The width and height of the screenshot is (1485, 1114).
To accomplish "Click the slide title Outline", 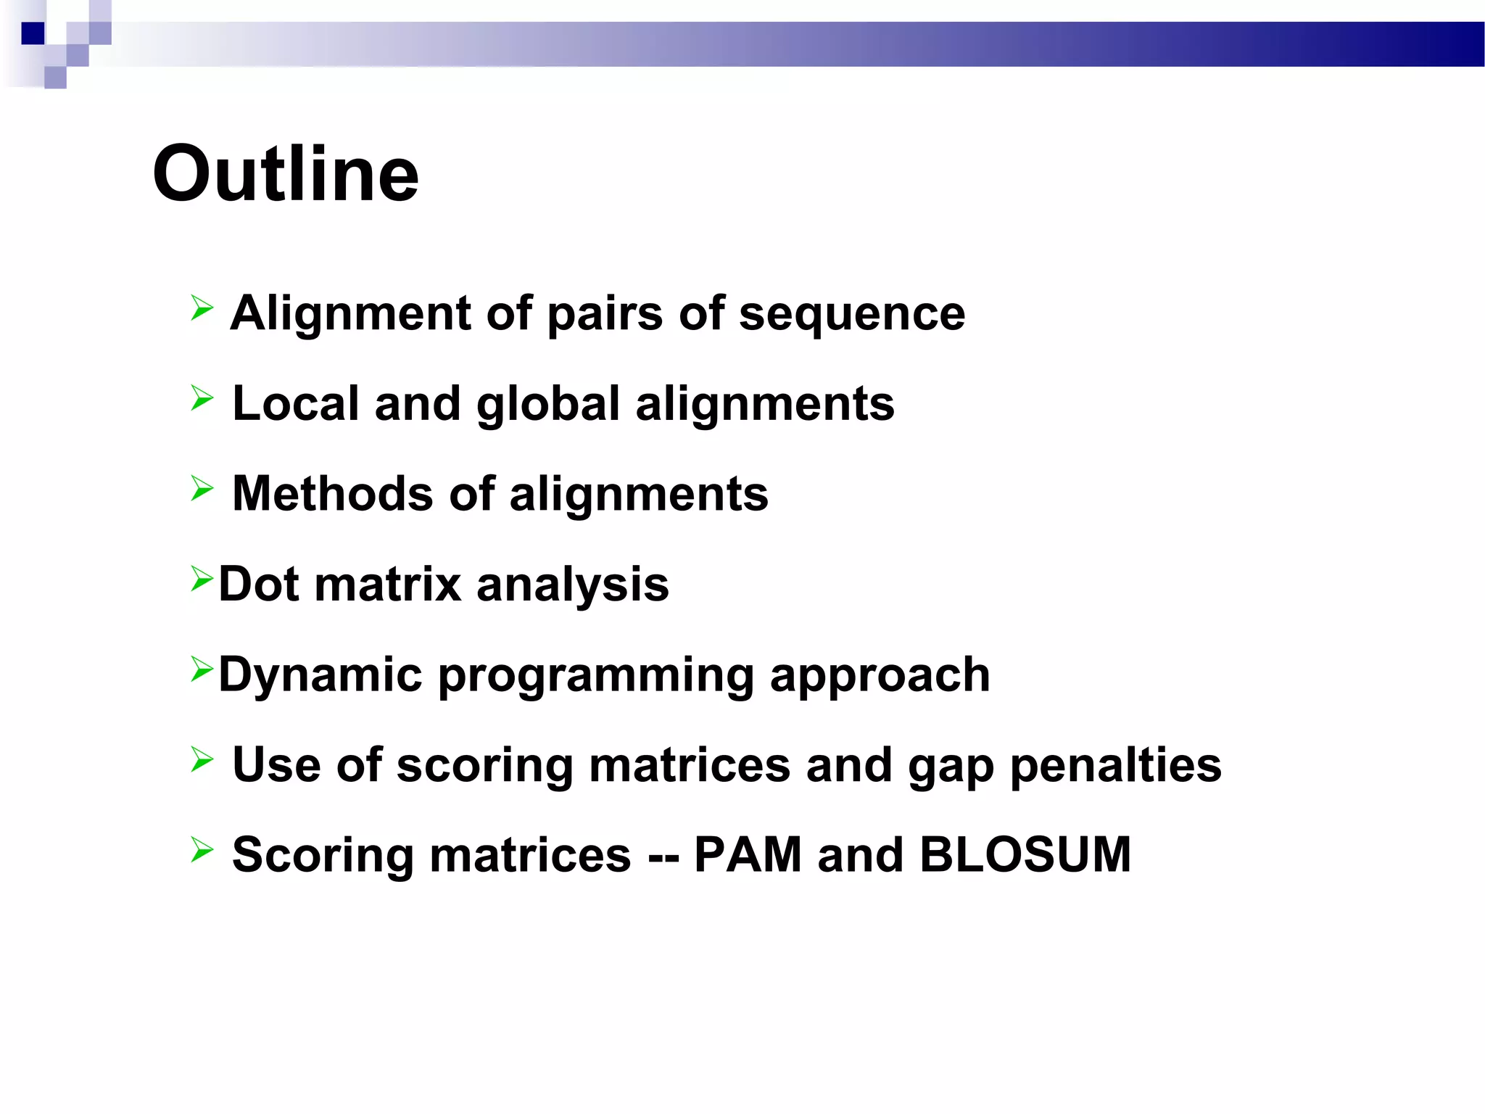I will [x=286, y=174].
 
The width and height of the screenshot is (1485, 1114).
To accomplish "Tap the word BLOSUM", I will [x=1025, y=854].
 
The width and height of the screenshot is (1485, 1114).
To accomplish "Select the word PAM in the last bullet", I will [x=748, y=854].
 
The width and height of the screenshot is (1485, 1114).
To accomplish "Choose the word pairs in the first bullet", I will [x=605, y=315].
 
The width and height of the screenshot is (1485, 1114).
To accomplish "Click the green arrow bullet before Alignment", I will [x=202, y=308].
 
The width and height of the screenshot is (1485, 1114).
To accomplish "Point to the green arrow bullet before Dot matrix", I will [x=202, y=579].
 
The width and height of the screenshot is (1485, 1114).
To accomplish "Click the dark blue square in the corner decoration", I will [x=33, y=33].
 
